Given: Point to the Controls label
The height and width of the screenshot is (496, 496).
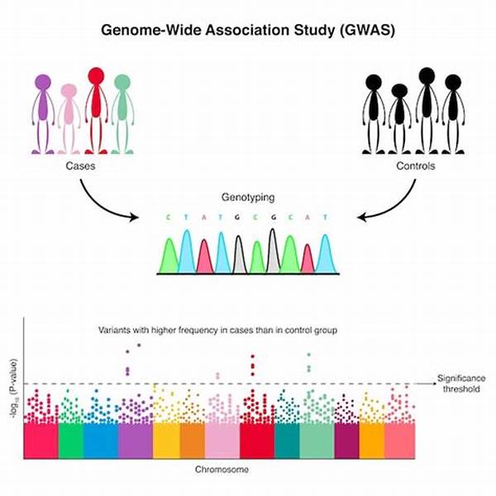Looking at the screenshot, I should pyautogui.click(x=418, y=166).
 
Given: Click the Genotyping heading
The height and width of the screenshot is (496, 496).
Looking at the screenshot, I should pyautogui.click(x=247, y=199).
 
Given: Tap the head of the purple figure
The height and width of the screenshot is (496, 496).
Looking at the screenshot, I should pyautogui.click(x=44, y=83).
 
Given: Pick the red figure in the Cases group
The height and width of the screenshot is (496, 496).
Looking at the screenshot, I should pyautogui.click(x=97, y=107).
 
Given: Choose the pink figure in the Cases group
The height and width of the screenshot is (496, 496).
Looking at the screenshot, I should pyautogui.click(x=69, y=116).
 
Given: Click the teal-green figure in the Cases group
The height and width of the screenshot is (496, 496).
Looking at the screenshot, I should pyautogui.click(x=122, y=112).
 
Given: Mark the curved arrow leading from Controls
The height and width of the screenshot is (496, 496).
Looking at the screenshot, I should pyautogui.click(x=393, y=207).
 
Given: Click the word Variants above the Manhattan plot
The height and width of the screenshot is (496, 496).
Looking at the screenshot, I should pyautogui.click(x=117, y=331).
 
